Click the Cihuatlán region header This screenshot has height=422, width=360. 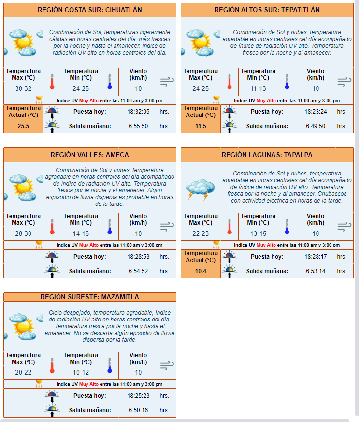[x=90, y=10]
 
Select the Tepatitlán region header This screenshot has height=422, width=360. [x=267, y=10]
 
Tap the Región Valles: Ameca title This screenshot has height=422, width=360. [x=90, y=155]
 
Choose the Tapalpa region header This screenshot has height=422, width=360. [x=267, y=155]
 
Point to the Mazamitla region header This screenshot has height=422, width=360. [x=90, y=297]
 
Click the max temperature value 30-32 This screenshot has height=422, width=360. [x=23, y=88]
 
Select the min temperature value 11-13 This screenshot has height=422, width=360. [x=258, y=88]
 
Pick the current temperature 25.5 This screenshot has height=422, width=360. [x=23, y=126]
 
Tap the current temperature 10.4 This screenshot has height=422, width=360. [x=201, y=271]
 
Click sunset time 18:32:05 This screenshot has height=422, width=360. [x=138, y=112]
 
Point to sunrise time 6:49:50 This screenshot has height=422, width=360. [x=316, y=126]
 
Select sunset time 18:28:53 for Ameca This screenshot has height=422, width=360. [x=138, y=257]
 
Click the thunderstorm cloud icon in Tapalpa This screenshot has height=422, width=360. [x=201, y=189]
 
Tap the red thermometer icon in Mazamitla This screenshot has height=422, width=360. [x=52, y=365]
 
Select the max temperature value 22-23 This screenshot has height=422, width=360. [x=201, y=233]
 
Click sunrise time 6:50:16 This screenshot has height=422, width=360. [x=138, y=410]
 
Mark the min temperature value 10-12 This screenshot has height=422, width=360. [x=81, y=372]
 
